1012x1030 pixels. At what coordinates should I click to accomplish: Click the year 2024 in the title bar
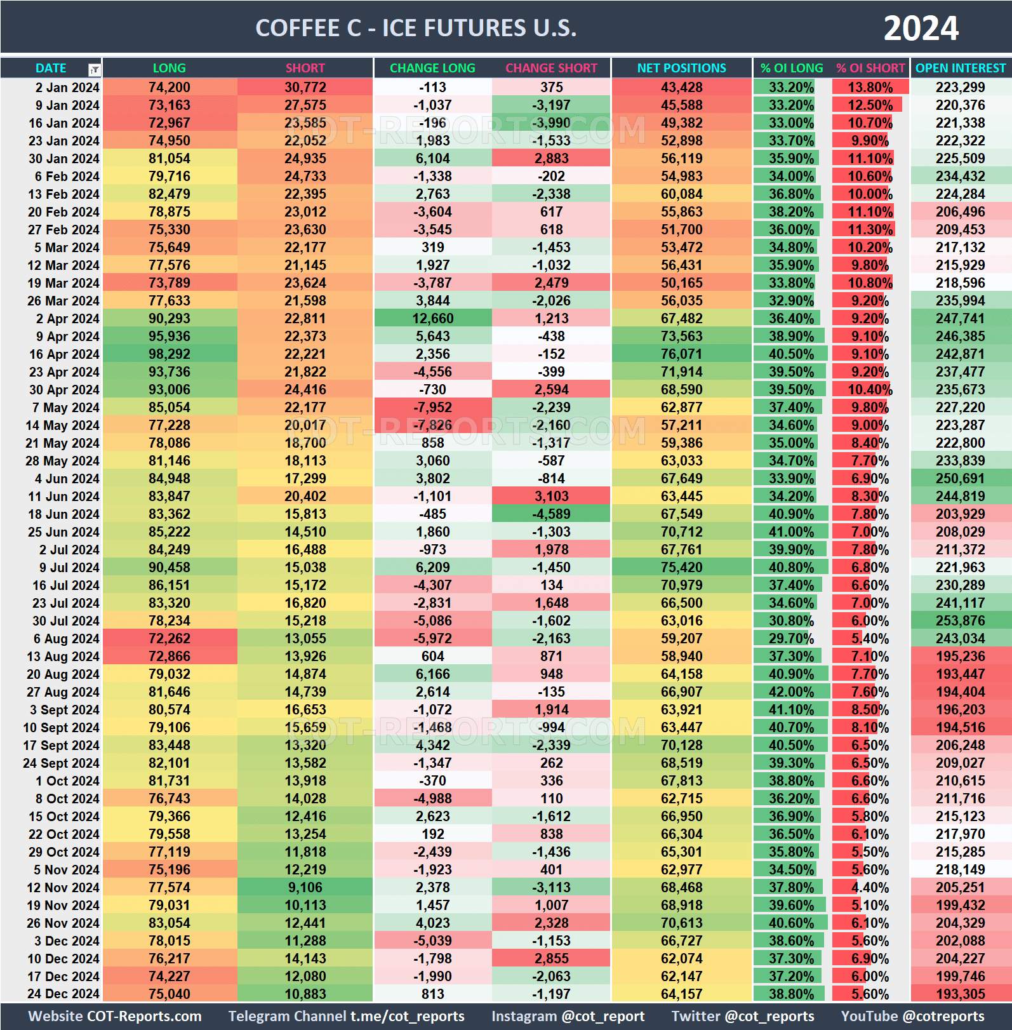(x=921, y=29)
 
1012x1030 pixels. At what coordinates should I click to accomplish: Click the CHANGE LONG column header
(x=432, y=68)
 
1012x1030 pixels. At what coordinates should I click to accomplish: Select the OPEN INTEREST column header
(x=961, y=68)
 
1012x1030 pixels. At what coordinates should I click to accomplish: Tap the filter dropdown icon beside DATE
(x=94, y=69)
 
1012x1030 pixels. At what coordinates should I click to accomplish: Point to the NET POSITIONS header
(x=681, y=68)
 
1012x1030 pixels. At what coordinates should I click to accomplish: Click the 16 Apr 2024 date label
(x=64, y=354)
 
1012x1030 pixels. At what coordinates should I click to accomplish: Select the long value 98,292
(x=170, y=354)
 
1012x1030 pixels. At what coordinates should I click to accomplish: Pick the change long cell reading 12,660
(x=433, y=319)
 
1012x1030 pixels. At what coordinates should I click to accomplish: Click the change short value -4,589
(x=551, y=514)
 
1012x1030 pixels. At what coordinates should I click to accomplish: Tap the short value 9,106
(x=305, y=888)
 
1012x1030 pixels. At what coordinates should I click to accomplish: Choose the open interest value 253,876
(x=960, y=621)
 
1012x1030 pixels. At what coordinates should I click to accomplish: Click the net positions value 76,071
(x=681, y=354)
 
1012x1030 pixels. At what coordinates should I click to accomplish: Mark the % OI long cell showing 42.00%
(x=791, y=692)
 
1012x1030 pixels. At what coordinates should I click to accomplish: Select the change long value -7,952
(x=433, y=408)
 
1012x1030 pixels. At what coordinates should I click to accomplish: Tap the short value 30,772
(x=305, y=88)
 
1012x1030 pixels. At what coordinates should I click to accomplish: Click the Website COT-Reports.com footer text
(x=115, y=1017)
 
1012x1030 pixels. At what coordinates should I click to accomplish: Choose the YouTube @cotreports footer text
(x=912, y=1017)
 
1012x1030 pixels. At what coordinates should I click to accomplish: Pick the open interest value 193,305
(x=960, y=994)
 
